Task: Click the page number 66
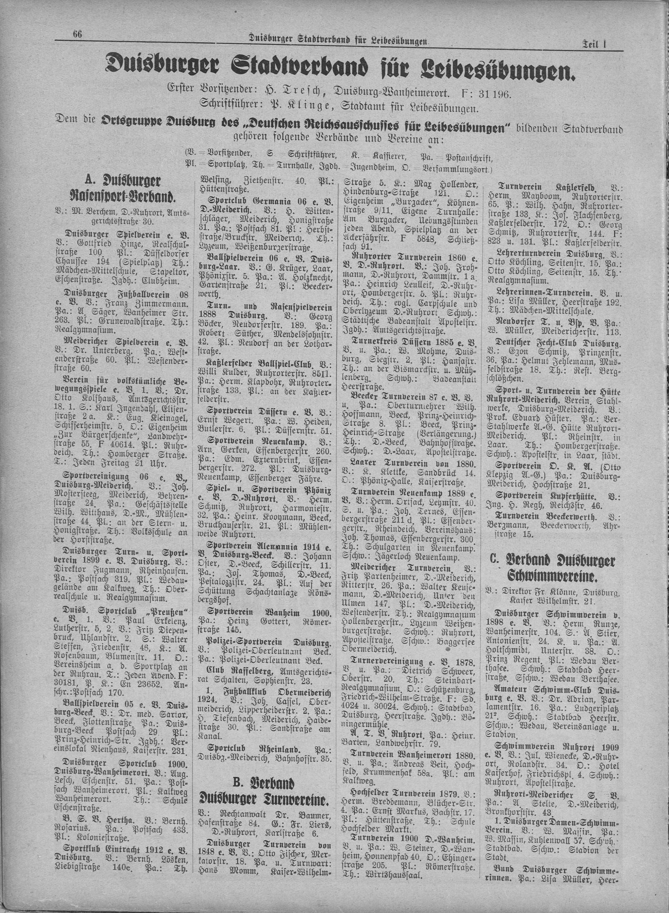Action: click(x=77, y=34)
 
